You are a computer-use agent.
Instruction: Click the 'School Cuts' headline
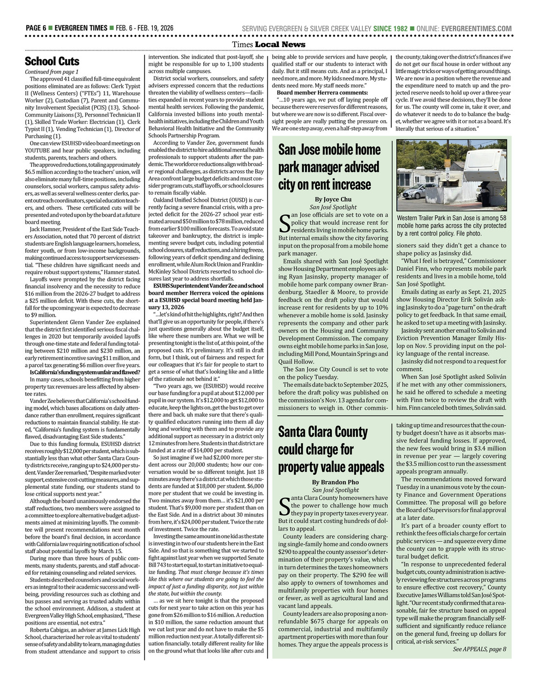(x=52, y=61)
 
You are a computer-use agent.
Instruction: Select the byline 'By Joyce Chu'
(x=333, y=199)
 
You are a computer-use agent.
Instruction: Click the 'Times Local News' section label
(x=269, y=44)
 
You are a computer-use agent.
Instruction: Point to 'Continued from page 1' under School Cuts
(x=51, y=71)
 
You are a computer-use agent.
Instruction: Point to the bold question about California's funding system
(x=85, y=372)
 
